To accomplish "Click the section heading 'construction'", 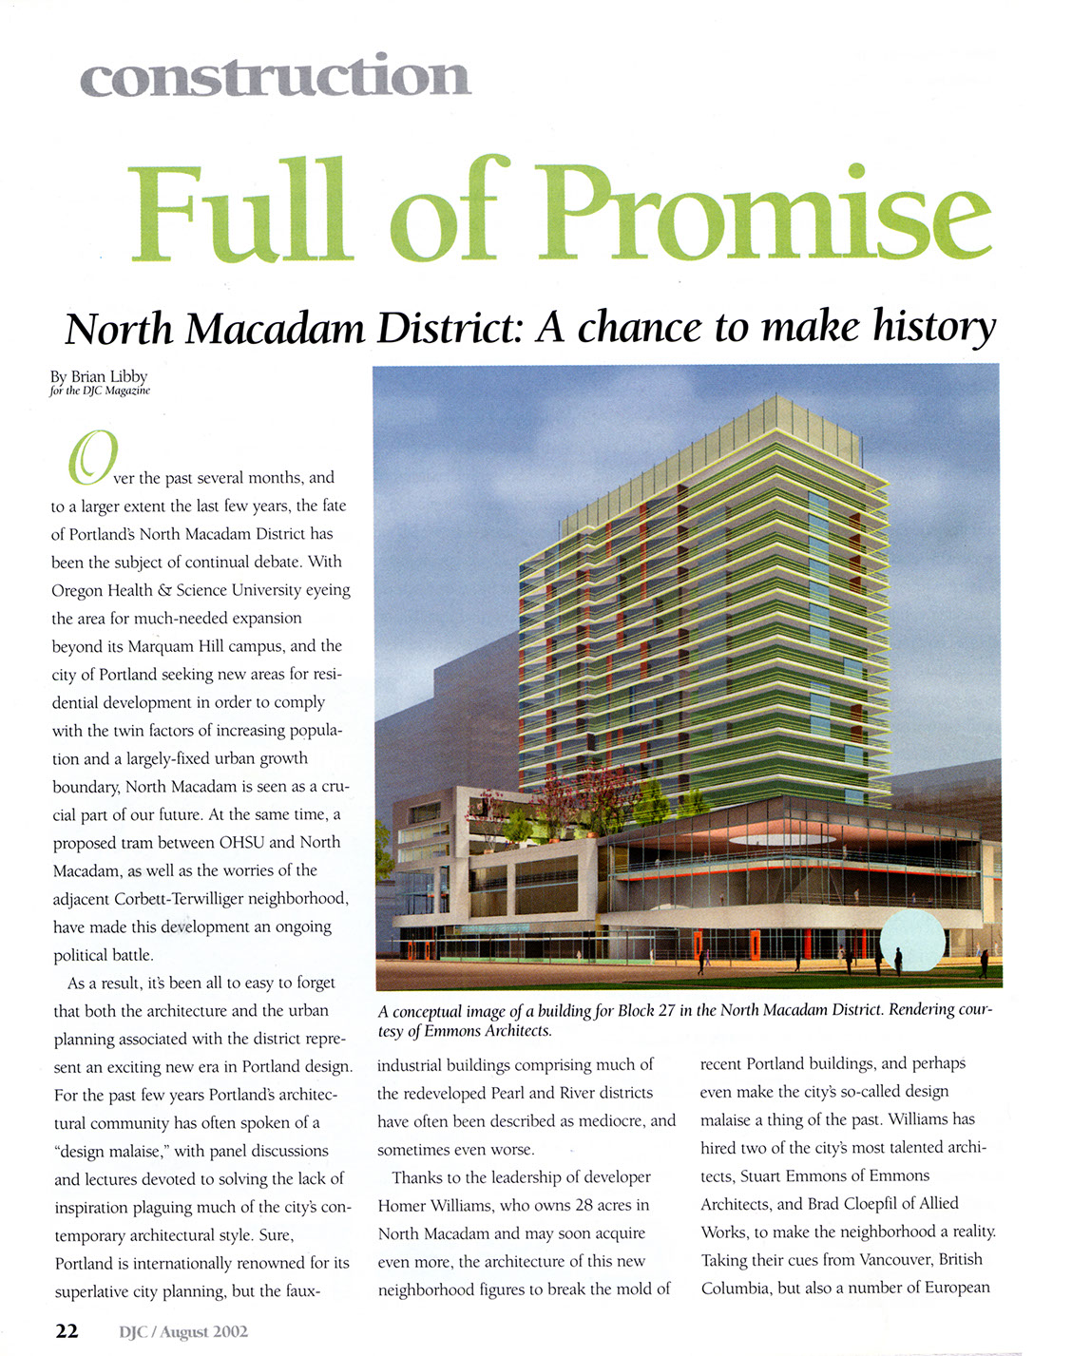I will (275, 76).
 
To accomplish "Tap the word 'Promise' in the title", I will (770, 214).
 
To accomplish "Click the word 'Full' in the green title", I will (242, 214).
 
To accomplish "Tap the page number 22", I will (67, 1330).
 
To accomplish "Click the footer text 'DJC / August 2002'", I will (183, 1331).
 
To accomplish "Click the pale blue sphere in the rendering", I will (912, 939).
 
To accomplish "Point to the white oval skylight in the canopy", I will (778, 839).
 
